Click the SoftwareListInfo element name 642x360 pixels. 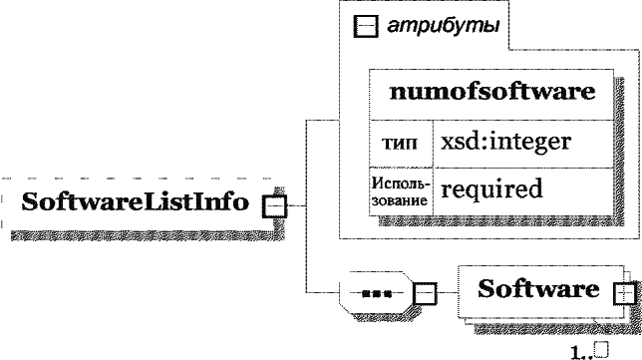click(x=136, y=201)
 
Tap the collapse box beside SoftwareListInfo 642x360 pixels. click(x=274, y=206)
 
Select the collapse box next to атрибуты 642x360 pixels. click(x=366, y=26)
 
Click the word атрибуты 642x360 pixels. click(x=444, y=26)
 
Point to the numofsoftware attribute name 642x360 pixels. click(x=492, y=92)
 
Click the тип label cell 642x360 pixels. click(x=400, y=144)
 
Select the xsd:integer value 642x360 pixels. click(x=506, y=143)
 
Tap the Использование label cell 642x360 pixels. click(x=401, y=191)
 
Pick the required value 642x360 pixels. click(x=491, y=188)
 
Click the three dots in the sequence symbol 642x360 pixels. click(x=377, y=293)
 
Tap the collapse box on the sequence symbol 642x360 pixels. click(x=425, y=293)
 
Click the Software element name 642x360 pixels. click(x=538, y=289)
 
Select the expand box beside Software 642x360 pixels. click(x=625, y=293)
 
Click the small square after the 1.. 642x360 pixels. click(x=602, y=349)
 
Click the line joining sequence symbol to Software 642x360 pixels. click(x=448, y=293)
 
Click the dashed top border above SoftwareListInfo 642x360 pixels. click(x=138, y=179)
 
